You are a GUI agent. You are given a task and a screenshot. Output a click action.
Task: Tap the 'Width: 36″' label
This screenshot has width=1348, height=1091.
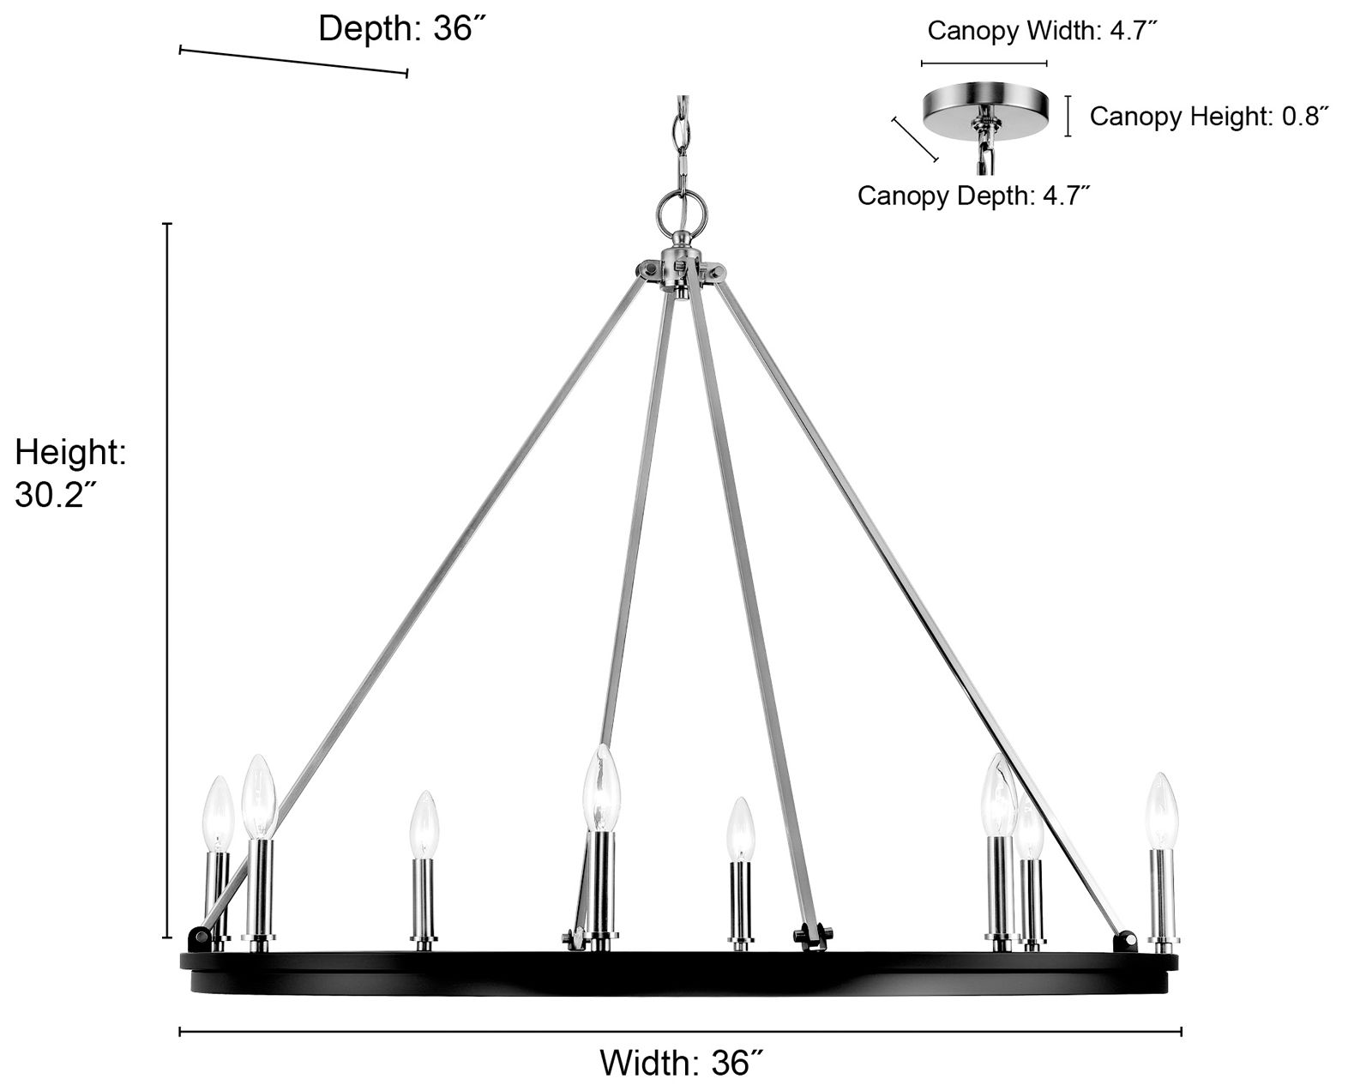pyautogui.click(x=681, y=1063)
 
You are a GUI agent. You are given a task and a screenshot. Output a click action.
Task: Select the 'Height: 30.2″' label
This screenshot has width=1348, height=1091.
pyautogui.click(x=70, y=473)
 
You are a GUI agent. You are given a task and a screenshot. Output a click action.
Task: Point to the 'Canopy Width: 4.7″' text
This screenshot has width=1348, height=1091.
pyautogui.click(x=1043, y=31)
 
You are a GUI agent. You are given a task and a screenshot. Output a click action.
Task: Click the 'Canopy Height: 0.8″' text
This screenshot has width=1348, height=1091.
pyautogui.click(x=1209, y=116)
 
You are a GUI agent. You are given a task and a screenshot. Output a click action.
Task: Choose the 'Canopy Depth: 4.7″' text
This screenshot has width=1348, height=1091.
pyautogui.click(x=973, y=196)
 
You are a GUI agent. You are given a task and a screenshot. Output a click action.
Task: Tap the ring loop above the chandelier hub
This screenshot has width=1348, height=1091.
pyautogui.click(x=682, y=208)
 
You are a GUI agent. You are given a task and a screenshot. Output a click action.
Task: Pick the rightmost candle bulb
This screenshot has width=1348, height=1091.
pyautogui.click(x=1162, y=810)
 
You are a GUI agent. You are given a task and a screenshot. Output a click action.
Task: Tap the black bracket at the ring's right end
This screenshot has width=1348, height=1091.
pyautogui.click(x=1124, y=942)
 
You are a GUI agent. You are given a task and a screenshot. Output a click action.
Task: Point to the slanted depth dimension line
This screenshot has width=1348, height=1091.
pyautogui.click(x=293, y=62)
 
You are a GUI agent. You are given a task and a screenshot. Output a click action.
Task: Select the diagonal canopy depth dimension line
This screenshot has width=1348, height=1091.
pyautogui.click(x=915, y=139)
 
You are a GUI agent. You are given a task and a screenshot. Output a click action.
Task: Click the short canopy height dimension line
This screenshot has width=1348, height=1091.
pyautogui.click(x=1068, y=116)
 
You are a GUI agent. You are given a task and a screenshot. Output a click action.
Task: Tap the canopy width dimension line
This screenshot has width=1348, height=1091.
pyautogui.click(x=984, y=63)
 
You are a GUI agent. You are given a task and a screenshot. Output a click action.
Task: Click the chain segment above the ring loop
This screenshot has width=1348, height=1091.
pyautogui.click(x=682, y=137)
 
